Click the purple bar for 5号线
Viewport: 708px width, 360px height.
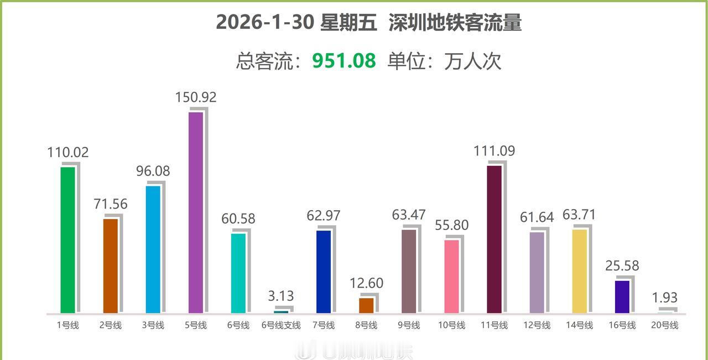click(196, 213)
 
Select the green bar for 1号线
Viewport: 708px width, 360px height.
click(67, 240)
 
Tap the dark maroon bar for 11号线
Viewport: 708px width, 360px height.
click(494, 239)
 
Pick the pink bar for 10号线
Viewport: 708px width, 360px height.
click(452, 276)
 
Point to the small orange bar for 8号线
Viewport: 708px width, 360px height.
click(366, 305)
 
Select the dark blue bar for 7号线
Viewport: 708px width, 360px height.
click(324, 272)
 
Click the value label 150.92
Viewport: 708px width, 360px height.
click(196, 97)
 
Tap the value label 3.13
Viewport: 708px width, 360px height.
click(281, 296)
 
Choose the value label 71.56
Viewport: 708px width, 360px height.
click(111, 204)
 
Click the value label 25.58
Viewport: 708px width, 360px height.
click(622, 266)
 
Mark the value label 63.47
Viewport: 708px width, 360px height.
click(409, 215)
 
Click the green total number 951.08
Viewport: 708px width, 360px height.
click(344, 61)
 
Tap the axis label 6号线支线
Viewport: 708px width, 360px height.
click(281, 325)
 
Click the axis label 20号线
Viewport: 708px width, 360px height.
click(664, 325)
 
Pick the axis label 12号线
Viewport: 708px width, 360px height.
click(537, 325)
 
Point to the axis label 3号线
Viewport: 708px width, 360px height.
click(153, 325)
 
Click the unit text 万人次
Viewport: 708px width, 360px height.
click(473, 61)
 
